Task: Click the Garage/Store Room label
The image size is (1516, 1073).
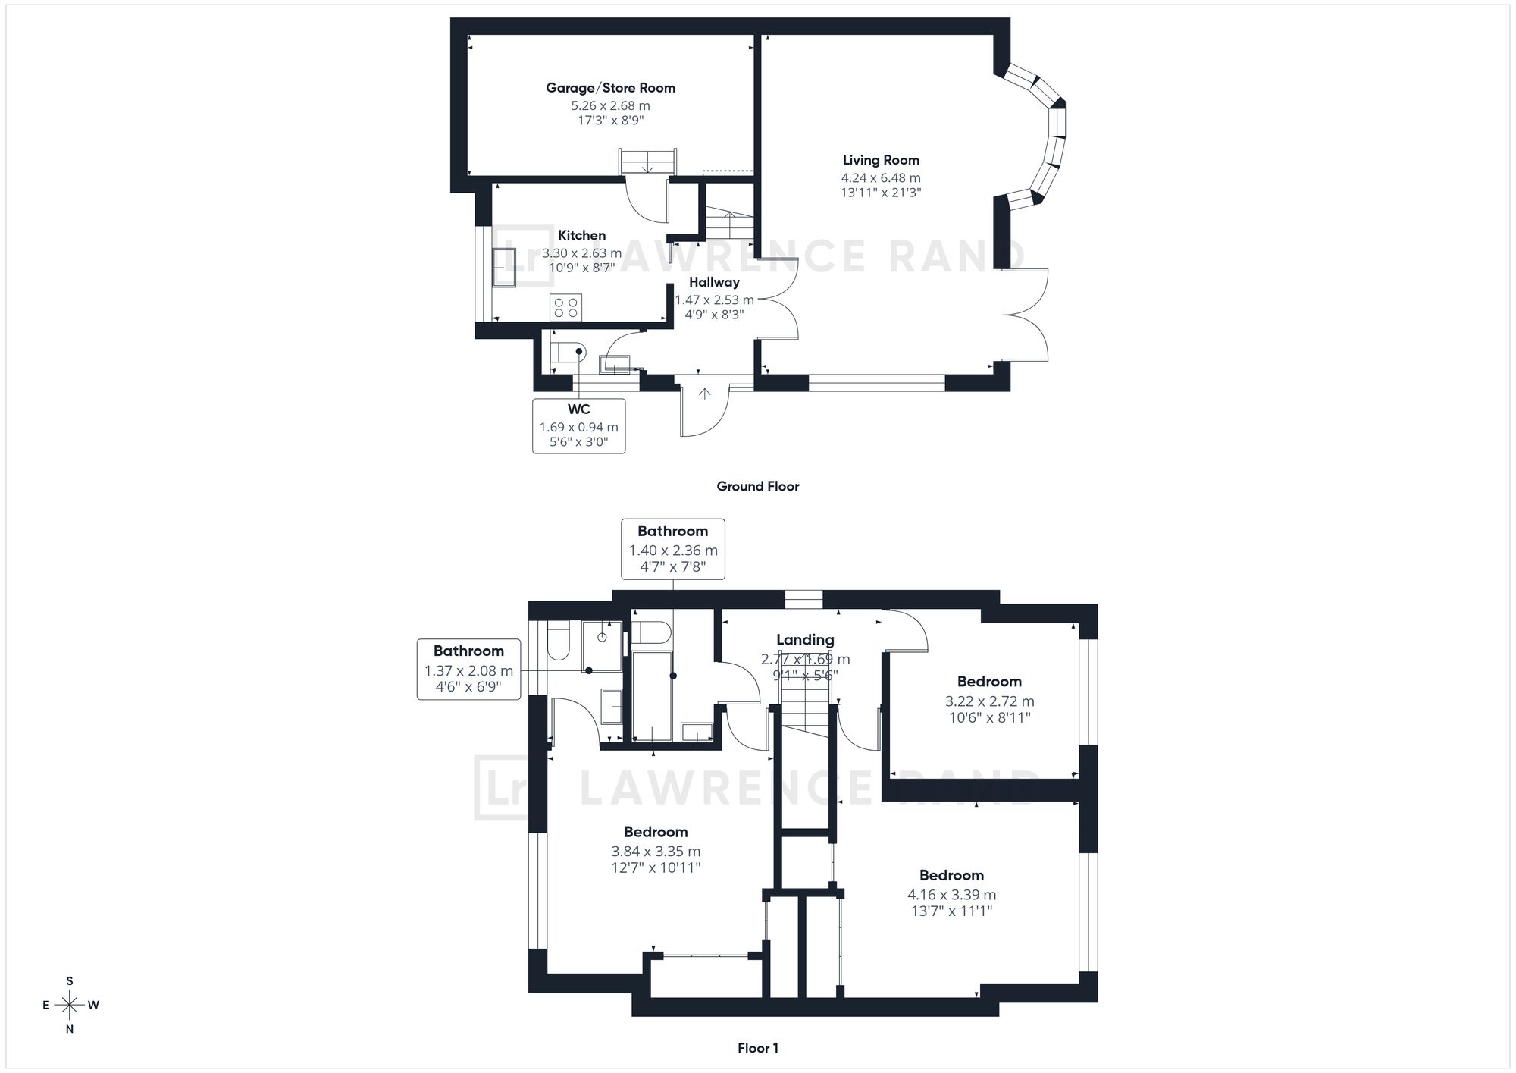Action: pos(610,88)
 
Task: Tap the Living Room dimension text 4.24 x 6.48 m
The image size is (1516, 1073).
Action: pos(881,177)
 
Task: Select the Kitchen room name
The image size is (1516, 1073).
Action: pos(582,235)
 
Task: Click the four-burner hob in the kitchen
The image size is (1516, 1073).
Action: pos(566,307)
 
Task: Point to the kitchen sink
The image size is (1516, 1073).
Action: pos(503,267)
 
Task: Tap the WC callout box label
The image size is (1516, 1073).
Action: pos(579,425)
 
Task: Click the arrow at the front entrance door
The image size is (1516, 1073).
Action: pos(705,394)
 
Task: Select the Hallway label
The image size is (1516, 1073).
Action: pos(714,282)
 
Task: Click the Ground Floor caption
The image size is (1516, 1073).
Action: pos(758,486)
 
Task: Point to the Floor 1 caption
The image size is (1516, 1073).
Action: pos(758,1048)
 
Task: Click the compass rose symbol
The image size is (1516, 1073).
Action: pos(70,1006)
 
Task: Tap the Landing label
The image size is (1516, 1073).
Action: pos(805,640)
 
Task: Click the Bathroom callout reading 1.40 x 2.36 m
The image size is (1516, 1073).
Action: pos(673,550)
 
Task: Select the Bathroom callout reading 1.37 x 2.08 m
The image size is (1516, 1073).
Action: pos(468,670)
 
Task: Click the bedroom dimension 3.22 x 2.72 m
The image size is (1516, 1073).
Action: pos(989,701)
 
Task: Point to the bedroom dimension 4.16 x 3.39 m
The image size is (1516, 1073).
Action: pos(952,895)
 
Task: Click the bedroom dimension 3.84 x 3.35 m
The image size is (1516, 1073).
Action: pos(656,852)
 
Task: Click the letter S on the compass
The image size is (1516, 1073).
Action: pos(70,981)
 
